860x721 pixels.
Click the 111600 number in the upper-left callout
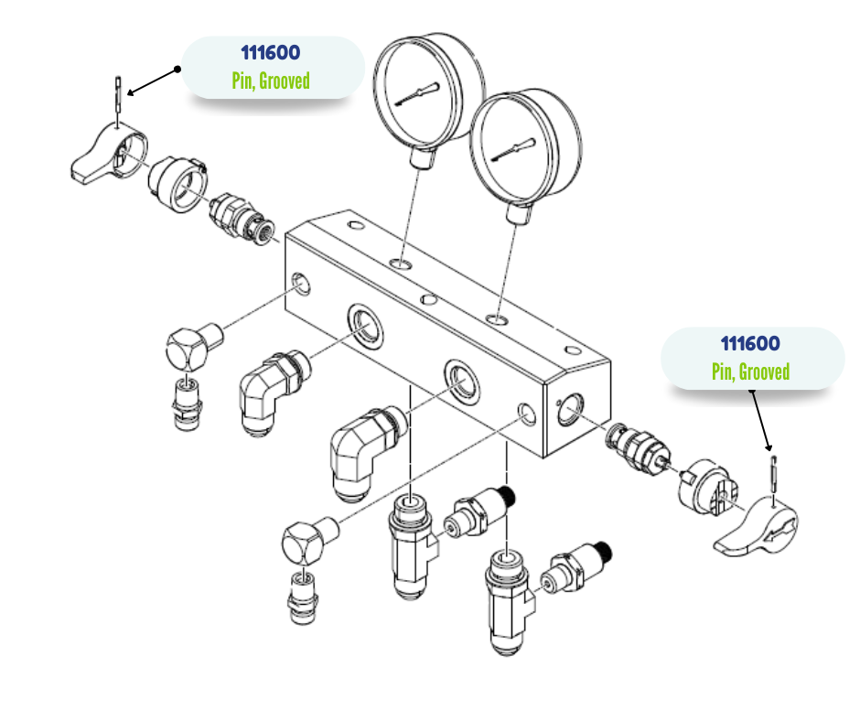(270, 54)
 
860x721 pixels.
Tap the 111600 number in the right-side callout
(750, 344)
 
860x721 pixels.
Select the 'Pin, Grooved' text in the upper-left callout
(270, 81)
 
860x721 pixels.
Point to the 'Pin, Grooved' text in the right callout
(750, 371)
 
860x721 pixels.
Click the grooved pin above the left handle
(120, 95)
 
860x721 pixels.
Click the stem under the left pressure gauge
(421, 157)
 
